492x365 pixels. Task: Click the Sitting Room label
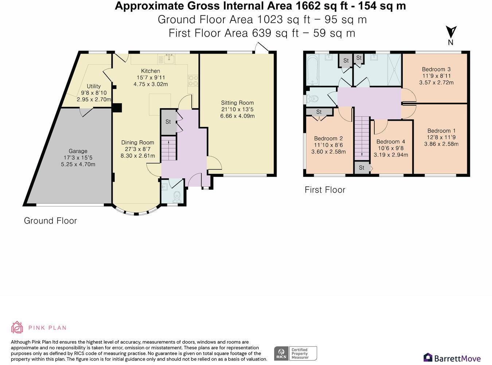coord(237,103)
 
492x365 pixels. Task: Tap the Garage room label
coord(78,151)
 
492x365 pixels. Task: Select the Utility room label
coord(94,86)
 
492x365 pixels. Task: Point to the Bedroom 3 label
coord(436,69)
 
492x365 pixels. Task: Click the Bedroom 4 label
coord(391,141)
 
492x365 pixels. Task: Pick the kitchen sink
coord(169,58)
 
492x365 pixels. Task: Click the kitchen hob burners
coord(193,81)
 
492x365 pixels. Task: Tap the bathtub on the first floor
coord(313,70)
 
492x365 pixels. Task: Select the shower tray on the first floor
coord(394,70)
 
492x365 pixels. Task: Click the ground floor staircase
coord(169,148)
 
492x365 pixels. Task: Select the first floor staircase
coord(362,138)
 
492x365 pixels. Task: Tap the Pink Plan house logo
coord(17,327)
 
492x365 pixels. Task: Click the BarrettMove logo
coord(452,358)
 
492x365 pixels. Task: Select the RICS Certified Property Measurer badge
coord(296,354)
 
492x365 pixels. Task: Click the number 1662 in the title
coord(308,6)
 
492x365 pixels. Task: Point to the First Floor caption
coord(325,190)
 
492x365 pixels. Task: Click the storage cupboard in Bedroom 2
coord(319,112)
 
